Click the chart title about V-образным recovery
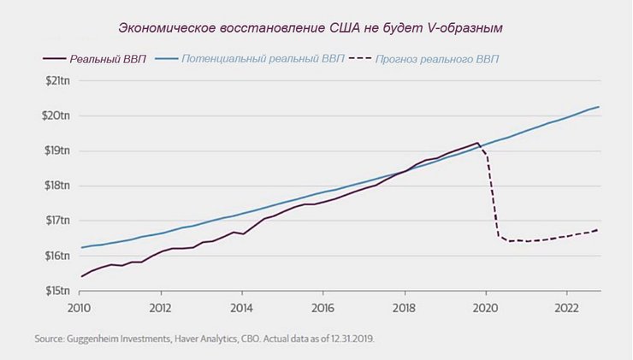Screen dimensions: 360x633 pyautogui.click(x=310, y=28)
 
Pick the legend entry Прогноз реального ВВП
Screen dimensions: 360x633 pyautogui.click(x=432, y=59)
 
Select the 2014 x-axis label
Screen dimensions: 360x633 pyautogui.click(x=242, y=307)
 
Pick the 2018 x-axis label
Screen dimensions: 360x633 pyautogui.click(x=405, y=307)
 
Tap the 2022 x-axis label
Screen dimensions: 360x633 pyautogui.click(x=566, y=307)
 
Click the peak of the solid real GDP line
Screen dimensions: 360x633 pyautogui.click(x=476, y=143)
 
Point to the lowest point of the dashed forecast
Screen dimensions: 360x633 pyautogui.click(x=511, y=241)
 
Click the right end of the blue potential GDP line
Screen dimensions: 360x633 pyautogui.click(x=599, y=107)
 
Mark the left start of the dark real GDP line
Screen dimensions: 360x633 pyautogui.click(x=81, y=276)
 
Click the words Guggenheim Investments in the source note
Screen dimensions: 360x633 pyautogui.click(x=111, y=339)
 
